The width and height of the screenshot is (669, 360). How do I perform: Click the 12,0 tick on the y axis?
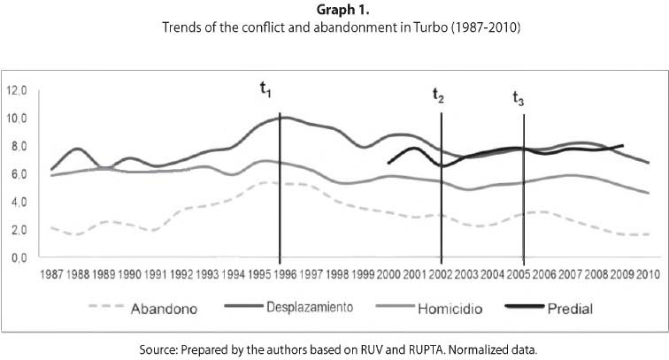click(18, 90)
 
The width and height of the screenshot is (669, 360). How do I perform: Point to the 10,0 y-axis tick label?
click(18, 119)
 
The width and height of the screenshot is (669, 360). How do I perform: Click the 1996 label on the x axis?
click(281, 273)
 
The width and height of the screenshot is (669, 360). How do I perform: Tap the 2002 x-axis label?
click(441, 273)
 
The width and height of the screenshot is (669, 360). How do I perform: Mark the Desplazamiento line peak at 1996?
click(281, 117)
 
